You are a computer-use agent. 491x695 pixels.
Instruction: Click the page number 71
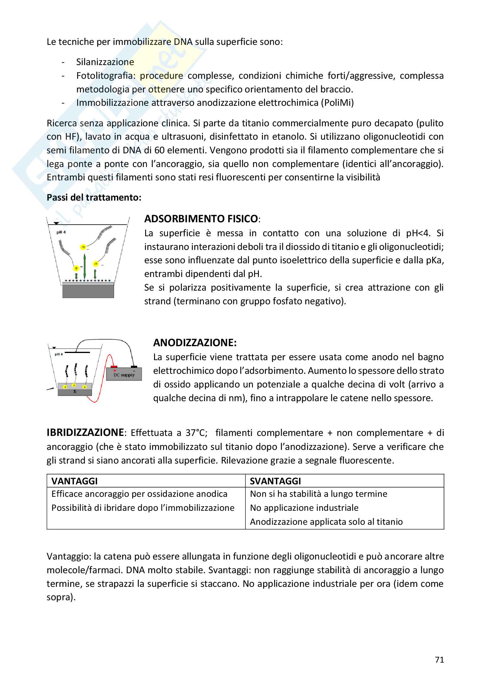click(439, 660)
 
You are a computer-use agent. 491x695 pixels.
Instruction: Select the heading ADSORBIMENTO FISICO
click(201, 219)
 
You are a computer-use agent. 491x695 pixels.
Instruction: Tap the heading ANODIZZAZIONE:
click(195, 342)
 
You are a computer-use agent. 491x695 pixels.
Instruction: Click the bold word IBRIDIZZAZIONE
click(85, 433)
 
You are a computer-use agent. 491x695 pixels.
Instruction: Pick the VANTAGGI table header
click(75, 481)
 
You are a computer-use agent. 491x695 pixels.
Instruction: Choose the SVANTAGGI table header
click(275, 481)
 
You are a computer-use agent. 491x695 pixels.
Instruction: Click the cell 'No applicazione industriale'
click(304, 508)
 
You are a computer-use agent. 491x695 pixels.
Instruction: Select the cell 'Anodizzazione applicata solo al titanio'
click(326, 521)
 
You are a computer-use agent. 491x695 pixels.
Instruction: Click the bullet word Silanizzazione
click(105, 62)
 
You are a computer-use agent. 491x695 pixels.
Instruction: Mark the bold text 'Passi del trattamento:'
click(94, 197)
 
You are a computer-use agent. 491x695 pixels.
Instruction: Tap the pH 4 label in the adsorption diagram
click(61, 232)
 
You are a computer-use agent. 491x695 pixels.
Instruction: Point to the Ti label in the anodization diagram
click(75, 392)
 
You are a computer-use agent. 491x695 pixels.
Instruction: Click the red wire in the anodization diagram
click(102, 384)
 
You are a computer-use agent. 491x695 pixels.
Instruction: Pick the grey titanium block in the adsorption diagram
click(88, 291)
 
